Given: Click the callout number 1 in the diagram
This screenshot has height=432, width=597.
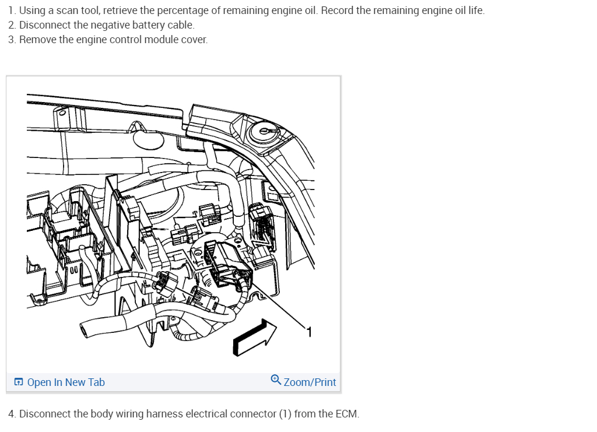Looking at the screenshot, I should click(310, 332).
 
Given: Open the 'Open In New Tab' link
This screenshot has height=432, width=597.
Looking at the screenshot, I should click(66, 382).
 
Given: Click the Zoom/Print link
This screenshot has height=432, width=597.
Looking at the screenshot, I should click(310, 382).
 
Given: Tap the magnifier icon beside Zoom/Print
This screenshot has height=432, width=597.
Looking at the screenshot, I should click(276, 381).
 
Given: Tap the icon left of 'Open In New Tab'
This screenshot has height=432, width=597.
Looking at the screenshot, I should click(19, 382).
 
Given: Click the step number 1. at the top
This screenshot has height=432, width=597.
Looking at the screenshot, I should click(12, 10).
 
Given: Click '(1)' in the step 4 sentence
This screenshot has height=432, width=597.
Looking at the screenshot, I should click(285, 414).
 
